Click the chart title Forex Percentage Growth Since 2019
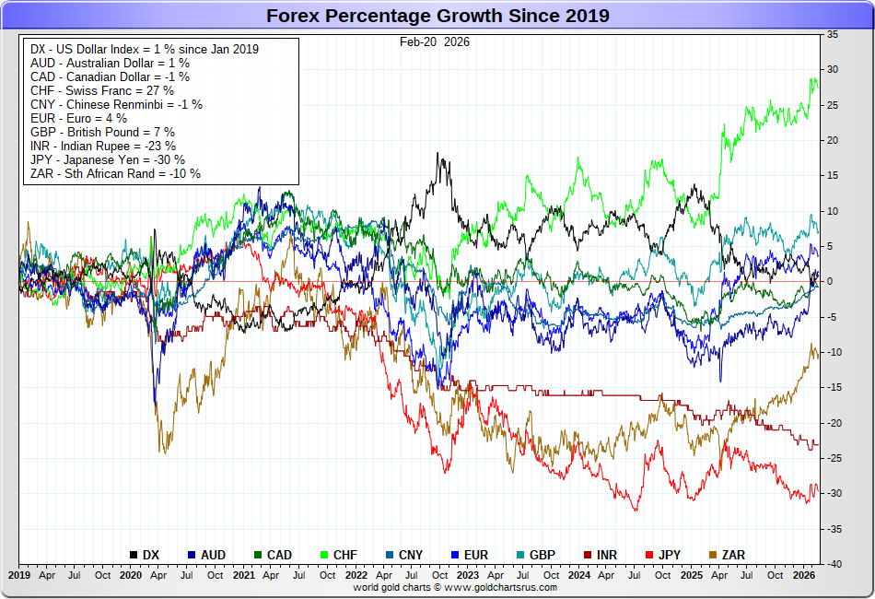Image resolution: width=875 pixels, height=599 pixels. [x=437, y=16]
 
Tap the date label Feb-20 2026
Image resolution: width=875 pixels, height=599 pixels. [x=435, y=41]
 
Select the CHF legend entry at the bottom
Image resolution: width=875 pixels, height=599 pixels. [x=345, y=555]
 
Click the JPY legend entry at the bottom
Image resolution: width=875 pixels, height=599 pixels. [x=670, y=555]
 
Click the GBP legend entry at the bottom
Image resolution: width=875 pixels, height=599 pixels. [x=542, y=555]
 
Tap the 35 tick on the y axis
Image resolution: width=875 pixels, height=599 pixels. [x=832, y=34]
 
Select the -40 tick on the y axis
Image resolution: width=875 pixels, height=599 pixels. [x=831, y=564]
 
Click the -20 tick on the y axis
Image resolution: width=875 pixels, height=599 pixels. [x=831, y=423]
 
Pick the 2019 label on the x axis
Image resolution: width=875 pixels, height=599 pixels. [x=19, y=574]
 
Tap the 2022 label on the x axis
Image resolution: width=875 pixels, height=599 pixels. [x=356, y=574]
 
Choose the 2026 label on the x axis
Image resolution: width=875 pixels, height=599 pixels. [x=804, y=574]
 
